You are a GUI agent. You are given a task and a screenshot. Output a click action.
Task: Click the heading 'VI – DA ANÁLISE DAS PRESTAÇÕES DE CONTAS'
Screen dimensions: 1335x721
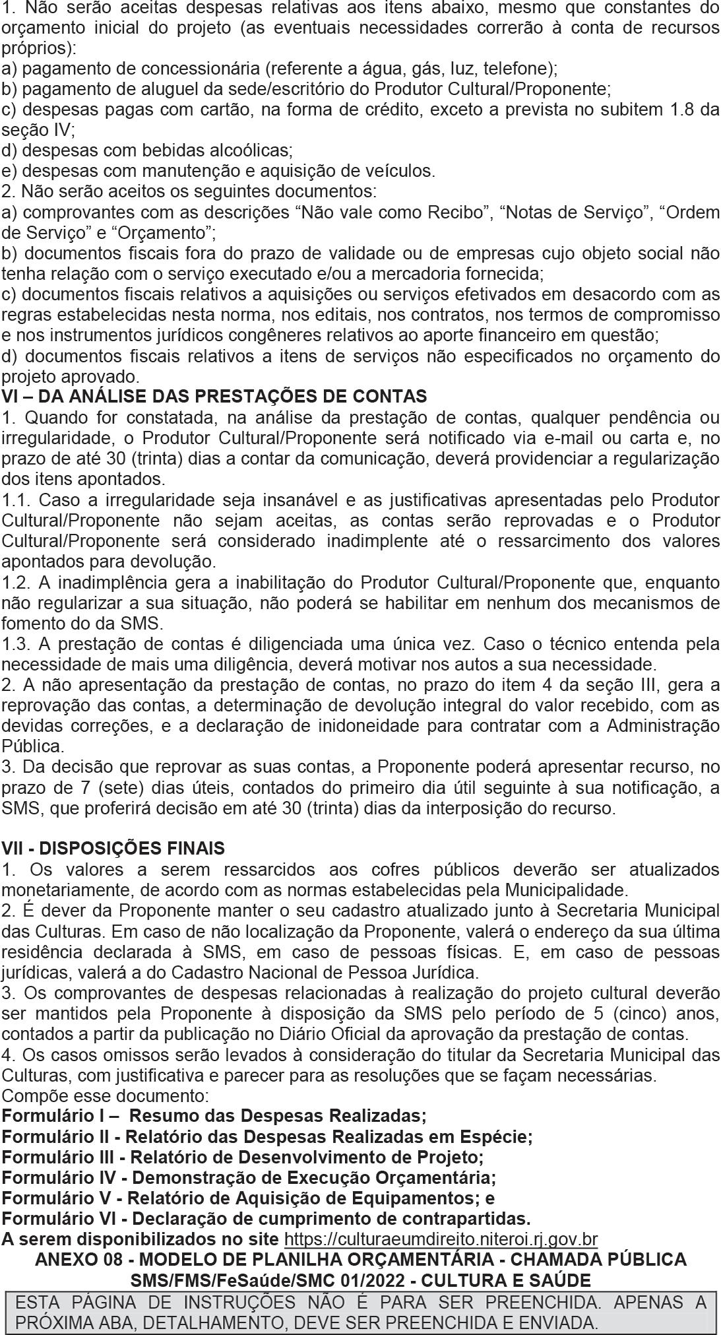tap(214, 397)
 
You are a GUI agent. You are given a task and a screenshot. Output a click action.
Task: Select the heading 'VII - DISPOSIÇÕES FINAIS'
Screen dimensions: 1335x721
tap(113, 848)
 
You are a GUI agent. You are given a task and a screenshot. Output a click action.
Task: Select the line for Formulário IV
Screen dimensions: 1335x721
tap(249, 1177)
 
